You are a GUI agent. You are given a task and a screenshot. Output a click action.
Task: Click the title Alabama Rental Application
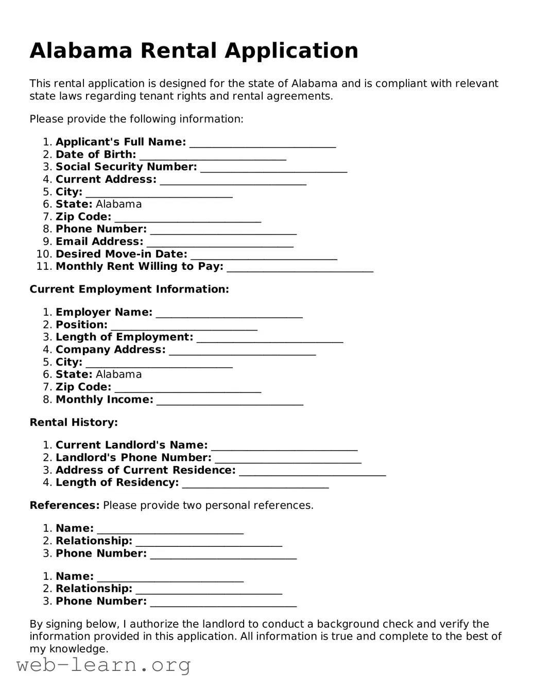pyautogui.click(x=194, y=50)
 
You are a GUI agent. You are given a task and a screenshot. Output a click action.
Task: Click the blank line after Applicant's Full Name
pyautogui.click(x=263, y=143)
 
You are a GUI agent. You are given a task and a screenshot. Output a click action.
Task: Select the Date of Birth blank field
pyautogui.click(x=213, y=156)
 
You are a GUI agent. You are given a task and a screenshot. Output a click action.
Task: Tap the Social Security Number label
pyautogui.click(x=126, y=167)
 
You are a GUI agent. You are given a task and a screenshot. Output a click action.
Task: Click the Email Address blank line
pyautogui.click(x=220, y=243)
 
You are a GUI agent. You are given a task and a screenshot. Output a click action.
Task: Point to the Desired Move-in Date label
pyautogui.click(x=122, y=254)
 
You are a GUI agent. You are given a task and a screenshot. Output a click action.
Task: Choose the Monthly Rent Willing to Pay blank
pyautogui.click(x=300, y=268)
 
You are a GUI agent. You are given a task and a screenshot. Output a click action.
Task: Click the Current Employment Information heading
pyautogui.click(x=129, y=289)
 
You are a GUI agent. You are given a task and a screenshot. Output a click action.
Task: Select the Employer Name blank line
pyautogui.click(x=229, y=314)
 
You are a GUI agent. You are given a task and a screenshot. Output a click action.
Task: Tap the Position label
pyautogui.click(x=81, y=325)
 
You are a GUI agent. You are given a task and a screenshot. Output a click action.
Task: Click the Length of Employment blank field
pyautogui.click(x=270, y=338)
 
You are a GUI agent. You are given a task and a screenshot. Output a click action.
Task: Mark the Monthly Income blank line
pyautogui.click(x=230, y=401)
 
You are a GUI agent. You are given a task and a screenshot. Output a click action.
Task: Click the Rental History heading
pyautogui.click(x=74, y=423)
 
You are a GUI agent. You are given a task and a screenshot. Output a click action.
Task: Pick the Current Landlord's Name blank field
pyautogui.click(x=284, y=446)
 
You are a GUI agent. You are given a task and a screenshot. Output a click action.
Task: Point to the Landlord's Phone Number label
pyautogui.click(x=133, y=458)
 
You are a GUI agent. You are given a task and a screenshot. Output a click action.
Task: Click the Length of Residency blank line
pyautogui.click(x=255, y=484)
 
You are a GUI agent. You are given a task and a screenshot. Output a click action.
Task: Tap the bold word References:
pyautogui.click(x=64, y=506)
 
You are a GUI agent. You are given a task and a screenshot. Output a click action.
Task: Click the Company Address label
pyautogui.click(x=111, y=350)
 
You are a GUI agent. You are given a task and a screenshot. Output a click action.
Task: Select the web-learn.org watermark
pyautogui.click(x=104, y=666)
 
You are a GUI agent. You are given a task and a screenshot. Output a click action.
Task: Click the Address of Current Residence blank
pyautogui.click(x=313, y=472)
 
